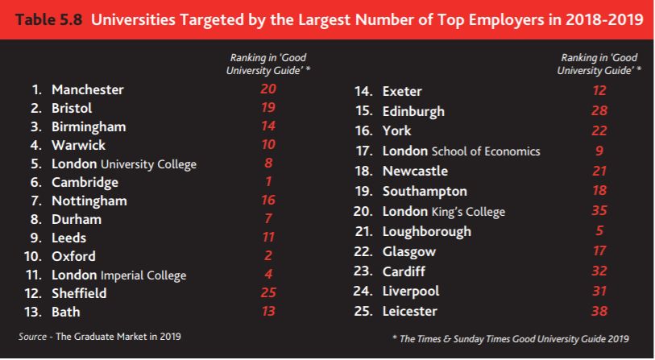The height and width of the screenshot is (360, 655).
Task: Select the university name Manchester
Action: [x=88, y=89]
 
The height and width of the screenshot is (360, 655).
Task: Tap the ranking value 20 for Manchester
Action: [x=267, y=89]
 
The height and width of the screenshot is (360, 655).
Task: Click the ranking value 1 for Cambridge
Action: [x=267, y=181]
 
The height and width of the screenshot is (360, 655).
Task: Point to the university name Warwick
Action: [x=79, y=145]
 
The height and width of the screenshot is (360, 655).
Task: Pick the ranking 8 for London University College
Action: [x=267, y=163]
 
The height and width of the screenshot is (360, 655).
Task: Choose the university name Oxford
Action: [x=73, y=256]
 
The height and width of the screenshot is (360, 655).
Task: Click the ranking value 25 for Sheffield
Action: [x=267, y=292]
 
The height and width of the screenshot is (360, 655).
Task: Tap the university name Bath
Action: [x=66, y=312]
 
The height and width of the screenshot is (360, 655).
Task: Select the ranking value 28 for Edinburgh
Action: [x=599, y=110]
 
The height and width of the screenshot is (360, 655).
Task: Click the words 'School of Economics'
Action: [x=486, y=151]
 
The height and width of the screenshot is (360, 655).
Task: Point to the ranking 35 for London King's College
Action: [x=599, y=211]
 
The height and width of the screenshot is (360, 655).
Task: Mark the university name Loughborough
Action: [x=427, y=231]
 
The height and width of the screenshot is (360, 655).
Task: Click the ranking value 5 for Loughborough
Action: [x=599, y=230]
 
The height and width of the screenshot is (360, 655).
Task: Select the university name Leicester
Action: [x=410, y=310]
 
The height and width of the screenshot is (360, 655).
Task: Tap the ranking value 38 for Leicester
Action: [x=599, y=310]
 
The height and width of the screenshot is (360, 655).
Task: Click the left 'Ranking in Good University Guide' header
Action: [x=267, y=64]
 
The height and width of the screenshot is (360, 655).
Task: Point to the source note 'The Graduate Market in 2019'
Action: [x=116, y=335]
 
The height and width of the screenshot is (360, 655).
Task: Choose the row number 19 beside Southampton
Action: [x=363, y=192]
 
